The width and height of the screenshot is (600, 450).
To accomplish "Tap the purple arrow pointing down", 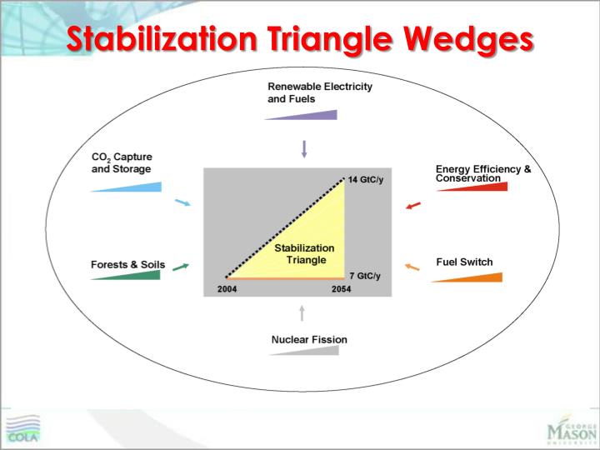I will pyautogui.click(x=304, y=149).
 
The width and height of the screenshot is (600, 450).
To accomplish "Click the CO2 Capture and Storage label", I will pyautogui.click(x=122, y=162).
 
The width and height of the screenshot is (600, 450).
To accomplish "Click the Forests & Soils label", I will pyautogui.click(x=127, y=265).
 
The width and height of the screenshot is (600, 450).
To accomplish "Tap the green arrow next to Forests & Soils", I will pyautogui.click(x=181, y=267).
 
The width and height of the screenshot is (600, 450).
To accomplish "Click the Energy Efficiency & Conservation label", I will pyautogui.click(x=482, y=173).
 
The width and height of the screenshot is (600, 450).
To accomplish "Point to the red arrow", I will pyautogui.click(x=412, y=205).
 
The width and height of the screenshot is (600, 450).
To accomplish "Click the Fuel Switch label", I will pyautogui.click(x=464, y=262).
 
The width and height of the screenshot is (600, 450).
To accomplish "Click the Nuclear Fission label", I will pyautogui.click(x=308, y=339).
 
